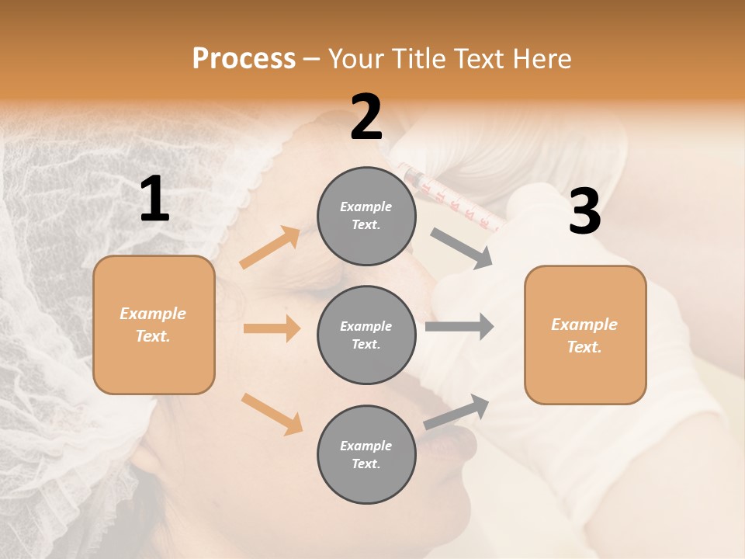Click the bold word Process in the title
(x=244, y=58)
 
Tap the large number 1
(x=154, y=200)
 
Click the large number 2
(x=366, y=117)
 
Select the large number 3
(x=584, y=212)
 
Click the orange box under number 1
(x=154, y=325)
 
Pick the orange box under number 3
(x=585, y=335)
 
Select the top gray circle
(x=366, y=216)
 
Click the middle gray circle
(x=366, y=335)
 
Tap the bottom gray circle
(x=366, y=455)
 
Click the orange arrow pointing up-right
(x=270, y=248)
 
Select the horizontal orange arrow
(x=272, y=328)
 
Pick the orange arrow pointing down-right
(x=272, y=414)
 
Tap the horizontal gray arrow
(x=459, y=326)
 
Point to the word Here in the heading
(x=542, y=58)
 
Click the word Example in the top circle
(x=366, y=207)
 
